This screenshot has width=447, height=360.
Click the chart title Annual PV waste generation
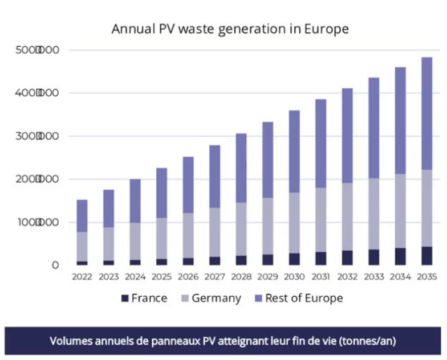click(230, 28)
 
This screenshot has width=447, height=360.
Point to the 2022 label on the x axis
click(82, 276)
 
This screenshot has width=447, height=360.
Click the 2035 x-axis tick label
click(426, 276)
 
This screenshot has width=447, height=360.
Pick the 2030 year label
click(294, 276)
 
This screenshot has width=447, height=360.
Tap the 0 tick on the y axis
click(55, 265)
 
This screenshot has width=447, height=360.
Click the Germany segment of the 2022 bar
click(82, 246)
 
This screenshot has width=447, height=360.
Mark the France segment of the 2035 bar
click(426, 256)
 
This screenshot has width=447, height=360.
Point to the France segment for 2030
click(294, 259)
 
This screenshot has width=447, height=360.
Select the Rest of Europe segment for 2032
click(347, 136)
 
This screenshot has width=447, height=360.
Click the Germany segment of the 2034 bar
click(400, 211)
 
